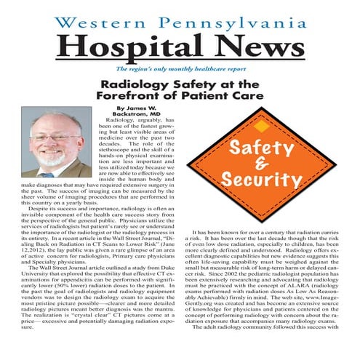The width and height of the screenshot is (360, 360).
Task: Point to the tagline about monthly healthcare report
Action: (180, 71)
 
